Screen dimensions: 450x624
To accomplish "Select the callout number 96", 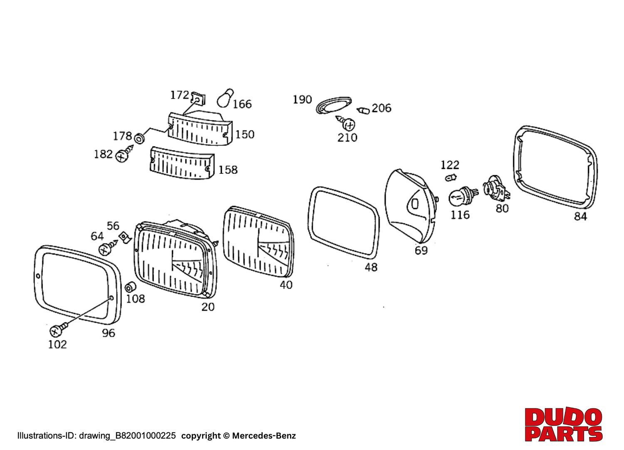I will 108,333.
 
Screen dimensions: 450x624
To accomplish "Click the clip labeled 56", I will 124,238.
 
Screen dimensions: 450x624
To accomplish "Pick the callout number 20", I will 208,307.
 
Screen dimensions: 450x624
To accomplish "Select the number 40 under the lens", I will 286,285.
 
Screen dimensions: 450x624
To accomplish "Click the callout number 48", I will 371,267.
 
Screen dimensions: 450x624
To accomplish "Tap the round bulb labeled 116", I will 460,198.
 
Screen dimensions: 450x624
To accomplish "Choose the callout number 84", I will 580,216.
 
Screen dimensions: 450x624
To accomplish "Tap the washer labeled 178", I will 140,137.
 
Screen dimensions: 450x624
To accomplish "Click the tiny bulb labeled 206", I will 364,111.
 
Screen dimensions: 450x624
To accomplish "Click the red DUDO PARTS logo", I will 563,424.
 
